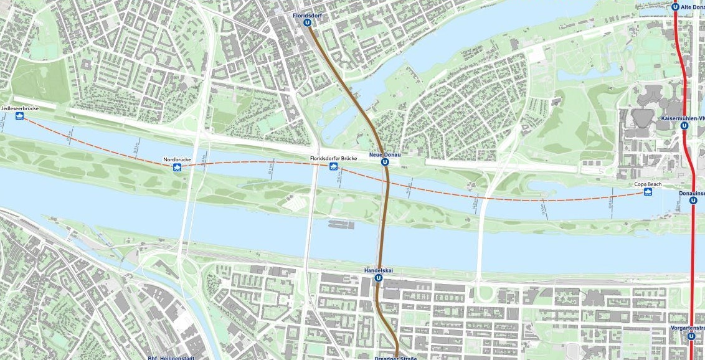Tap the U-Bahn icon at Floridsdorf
pyautogui.click(x=307, y=22)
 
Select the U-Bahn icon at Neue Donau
pyautogui.click(x=385, y=162)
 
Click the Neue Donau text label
pyautogui.click(x=384, y=154)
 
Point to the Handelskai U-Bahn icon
pyautogui.click(x=378, y=278)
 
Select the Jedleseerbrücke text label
pyautogui.click(x=20, y=109)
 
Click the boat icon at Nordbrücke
pyautogui.click(x=177, y=168)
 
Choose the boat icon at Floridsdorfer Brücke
pyautogui.click(x=334, y=167)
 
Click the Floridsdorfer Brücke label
pyautogui.click(x=333, y=159)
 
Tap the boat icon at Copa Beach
pyautogui.click(x=648, y=192)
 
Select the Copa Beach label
pyautogui.click(x=648, y=184)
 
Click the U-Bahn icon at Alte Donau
pyautogui.click(x=676, y=7)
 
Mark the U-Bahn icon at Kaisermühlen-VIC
pyautogui.click(x=684, y=125)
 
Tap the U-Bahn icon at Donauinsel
pyautogui.click(x=693, y=201)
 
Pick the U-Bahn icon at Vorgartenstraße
pyautogui.click(x=691, y=336)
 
